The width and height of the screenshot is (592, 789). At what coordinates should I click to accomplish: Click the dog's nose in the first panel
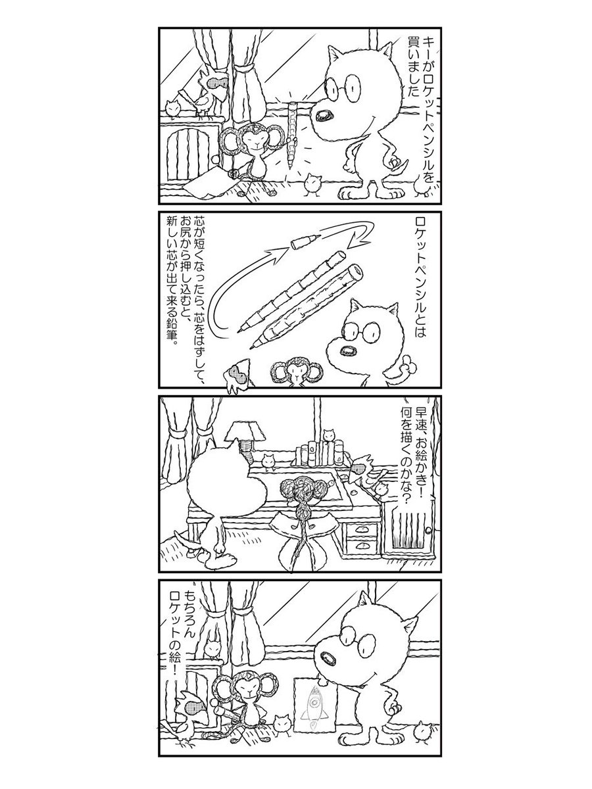point(324,115)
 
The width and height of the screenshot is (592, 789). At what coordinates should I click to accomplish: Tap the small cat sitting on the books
point(328,435)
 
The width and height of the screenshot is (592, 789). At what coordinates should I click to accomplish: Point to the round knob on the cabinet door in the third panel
point(428,529)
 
